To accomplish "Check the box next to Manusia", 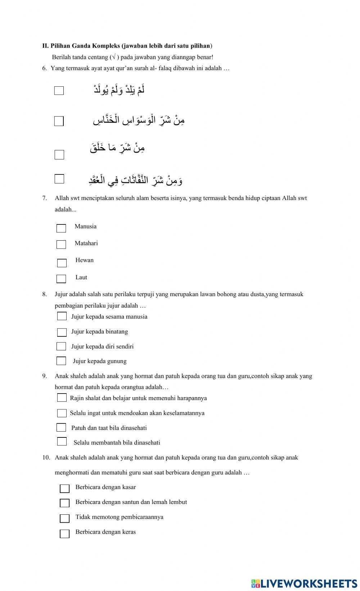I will [x=61, y=228].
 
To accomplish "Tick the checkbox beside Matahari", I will [x=61, y=245].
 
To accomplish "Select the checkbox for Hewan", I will [x=62, y=263].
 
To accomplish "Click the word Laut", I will [x=81, y=277].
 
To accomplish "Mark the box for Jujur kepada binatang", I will [x=62, y=332].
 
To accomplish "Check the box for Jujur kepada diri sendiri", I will [x=61, y=346].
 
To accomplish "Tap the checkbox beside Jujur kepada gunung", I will [x=61, y=361].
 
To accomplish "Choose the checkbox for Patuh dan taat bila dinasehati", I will [x=61, y=428].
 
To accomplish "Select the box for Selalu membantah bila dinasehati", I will [x=62, y=441].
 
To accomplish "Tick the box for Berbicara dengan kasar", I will [x=64, y=488].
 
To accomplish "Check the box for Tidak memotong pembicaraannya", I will [x=64, y=518].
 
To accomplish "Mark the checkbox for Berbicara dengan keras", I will [x=64, y=534].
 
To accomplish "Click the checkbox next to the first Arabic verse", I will [x=59, y=91].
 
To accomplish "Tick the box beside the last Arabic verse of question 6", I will [x=59, y=179].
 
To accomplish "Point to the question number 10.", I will [x=46, y=458].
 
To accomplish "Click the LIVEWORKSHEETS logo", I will [x=304, y=583].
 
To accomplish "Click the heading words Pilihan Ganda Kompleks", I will [x=85, y=46].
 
